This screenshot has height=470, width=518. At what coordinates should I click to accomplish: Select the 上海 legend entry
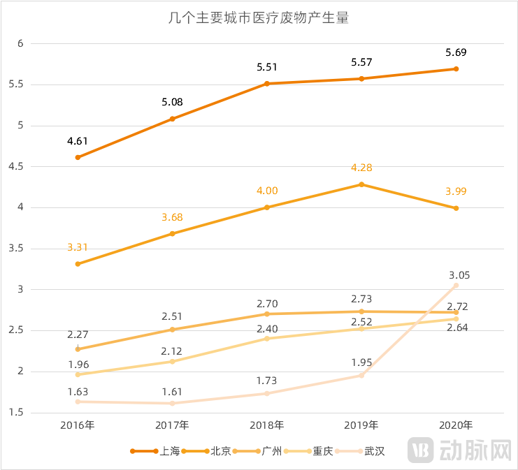(155, 451)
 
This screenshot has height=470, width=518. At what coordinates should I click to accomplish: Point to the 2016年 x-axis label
(77, 425)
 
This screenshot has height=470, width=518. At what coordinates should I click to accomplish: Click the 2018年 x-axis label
(266, 425)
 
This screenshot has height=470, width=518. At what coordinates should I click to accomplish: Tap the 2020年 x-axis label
(456, 425)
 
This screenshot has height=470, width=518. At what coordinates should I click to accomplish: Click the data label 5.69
(456, 52)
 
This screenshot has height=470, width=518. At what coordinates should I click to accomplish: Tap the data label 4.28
(361, 168)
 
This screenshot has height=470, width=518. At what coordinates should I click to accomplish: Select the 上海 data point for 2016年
(78, 157)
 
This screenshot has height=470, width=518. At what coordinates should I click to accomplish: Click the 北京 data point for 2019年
(361, 184)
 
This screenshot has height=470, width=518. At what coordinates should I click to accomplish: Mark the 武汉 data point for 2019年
(361, 375)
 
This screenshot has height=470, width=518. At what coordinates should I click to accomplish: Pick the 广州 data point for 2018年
(267, 314)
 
